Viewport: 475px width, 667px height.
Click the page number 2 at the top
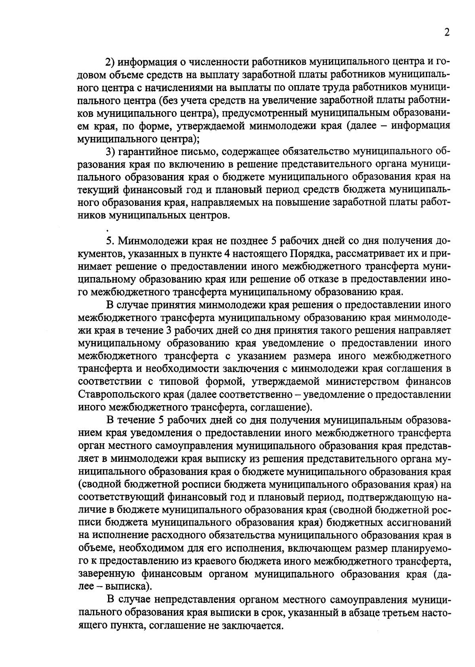(x=446, y=33)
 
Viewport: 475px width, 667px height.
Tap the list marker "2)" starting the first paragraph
(x=110, y=63)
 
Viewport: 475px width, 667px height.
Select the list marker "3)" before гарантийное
(x=110, y=152)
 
